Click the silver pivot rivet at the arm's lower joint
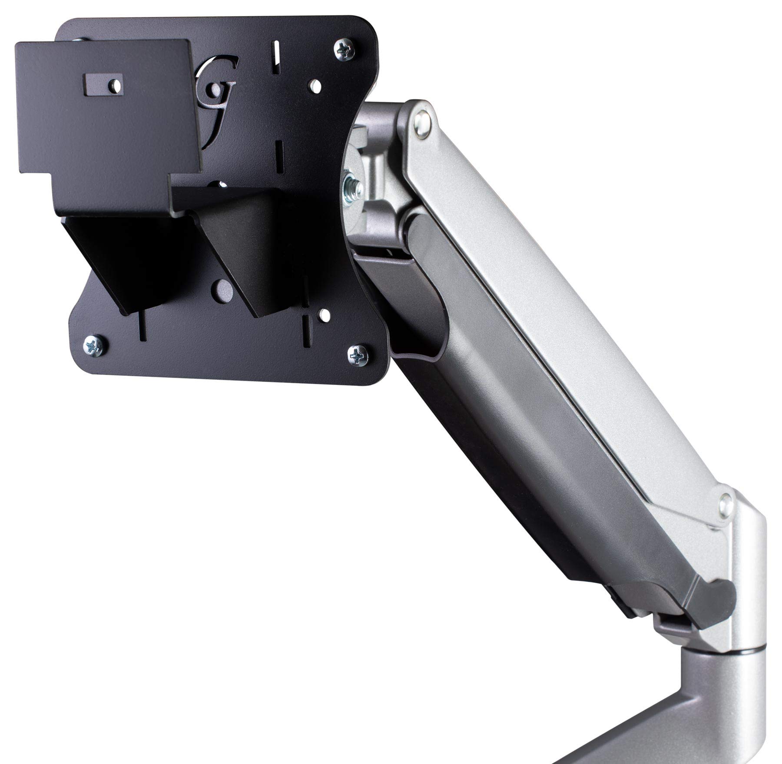coord(724,504)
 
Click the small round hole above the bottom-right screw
coord(322,313)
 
